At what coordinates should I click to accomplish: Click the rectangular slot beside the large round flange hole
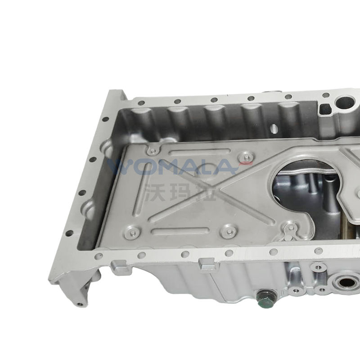point(324,108)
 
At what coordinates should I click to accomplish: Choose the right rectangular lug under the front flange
point(208,265)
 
